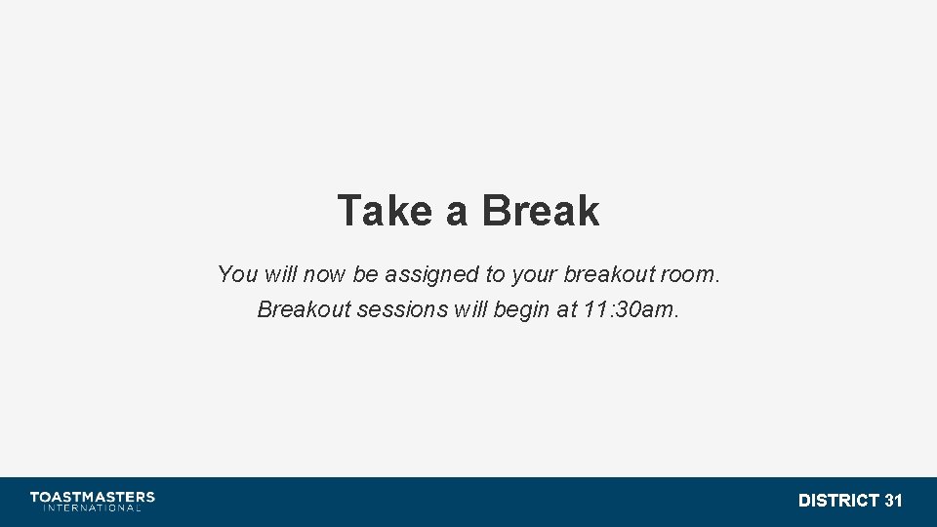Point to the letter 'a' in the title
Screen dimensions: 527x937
[456, 213]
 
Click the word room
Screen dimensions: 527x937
[689, 274]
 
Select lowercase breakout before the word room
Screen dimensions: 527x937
[608, 274]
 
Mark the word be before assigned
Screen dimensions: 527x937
[365, 274]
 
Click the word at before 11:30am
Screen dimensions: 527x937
[569, 309]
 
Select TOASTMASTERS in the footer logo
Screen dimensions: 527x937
[92, 497]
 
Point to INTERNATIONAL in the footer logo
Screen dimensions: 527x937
[92, 508]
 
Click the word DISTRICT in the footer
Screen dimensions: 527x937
[838, 501]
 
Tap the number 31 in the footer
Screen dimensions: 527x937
[893, 501]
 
